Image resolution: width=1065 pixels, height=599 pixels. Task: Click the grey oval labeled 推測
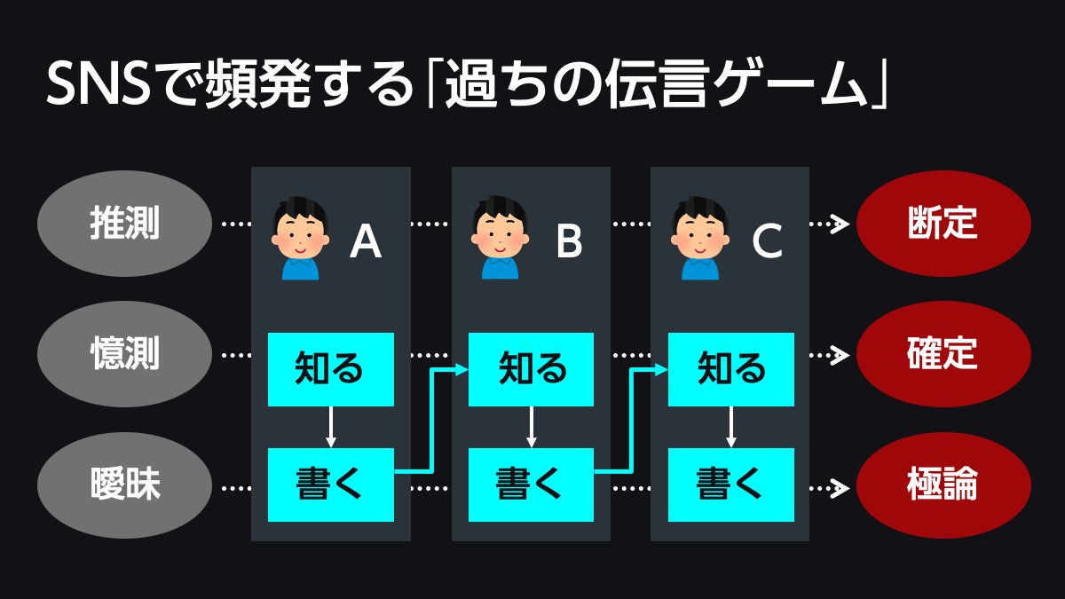coord(124,225)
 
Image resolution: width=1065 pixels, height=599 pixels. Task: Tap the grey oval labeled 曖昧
coord(124,485)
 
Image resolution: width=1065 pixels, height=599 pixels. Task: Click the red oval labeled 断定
coord(943,225)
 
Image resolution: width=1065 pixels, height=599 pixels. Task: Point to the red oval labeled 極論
coord(943,485)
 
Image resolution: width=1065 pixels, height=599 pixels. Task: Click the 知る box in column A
coord(331,369)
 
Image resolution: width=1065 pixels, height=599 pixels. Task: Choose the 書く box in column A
coord(331,485)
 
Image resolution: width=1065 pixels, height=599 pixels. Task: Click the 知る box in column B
coord(531,369)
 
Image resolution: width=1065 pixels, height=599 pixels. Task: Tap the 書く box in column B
coord(531,485)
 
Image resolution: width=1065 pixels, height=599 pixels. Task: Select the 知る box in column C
coord(730,369)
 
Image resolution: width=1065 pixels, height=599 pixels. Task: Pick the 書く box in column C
coord(730,485)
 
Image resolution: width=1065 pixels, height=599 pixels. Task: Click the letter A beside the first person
coord(366,241)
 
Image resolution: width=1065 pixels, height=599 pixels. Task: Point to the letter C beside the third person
coord(766,241)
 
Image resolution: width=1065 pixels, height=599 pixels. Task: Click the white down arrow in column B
coord(531,427)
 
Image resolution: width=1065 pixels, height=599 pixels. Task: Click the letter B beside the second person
coord(569,241)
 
